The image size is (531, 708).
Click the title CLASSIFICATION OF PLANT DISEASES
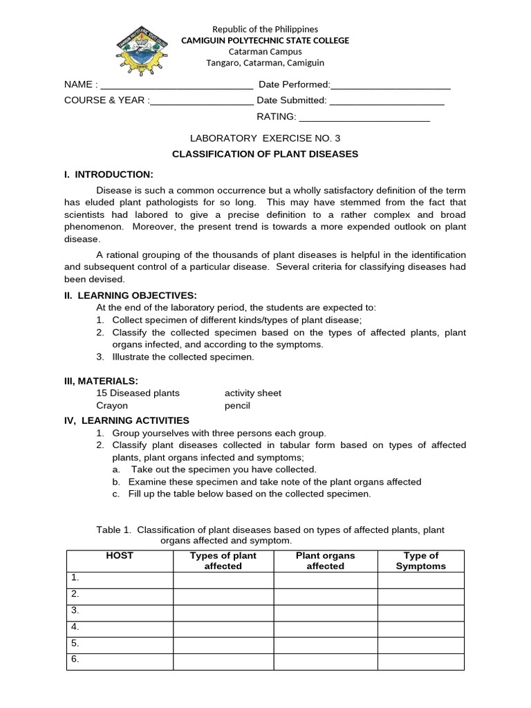(265, 154)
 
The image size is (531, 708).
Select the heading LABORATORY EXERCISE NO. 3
(265, 138)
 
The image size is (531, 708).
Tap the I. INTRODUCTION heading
(109, 174)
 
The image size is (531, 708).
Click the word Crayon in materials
(112, 406)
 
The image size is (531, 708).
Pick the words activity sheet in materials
(253, 393)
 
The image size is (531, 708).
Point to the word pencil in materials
(237, 406)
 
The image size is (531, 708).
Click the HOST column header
(120, 556)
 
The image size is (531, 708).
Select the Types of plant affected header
(223, 561)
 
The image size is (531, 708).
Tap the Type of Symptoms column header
(420, 561)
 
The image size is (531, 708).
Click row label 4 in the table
(75, 627)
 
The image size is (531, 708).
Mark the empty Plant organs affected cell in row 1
(326, 579)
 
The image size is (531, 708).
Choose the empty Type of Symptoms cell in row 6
(420, 662)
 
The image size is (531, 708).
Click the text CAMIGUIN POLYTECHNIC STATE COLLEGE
(265, 41)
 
